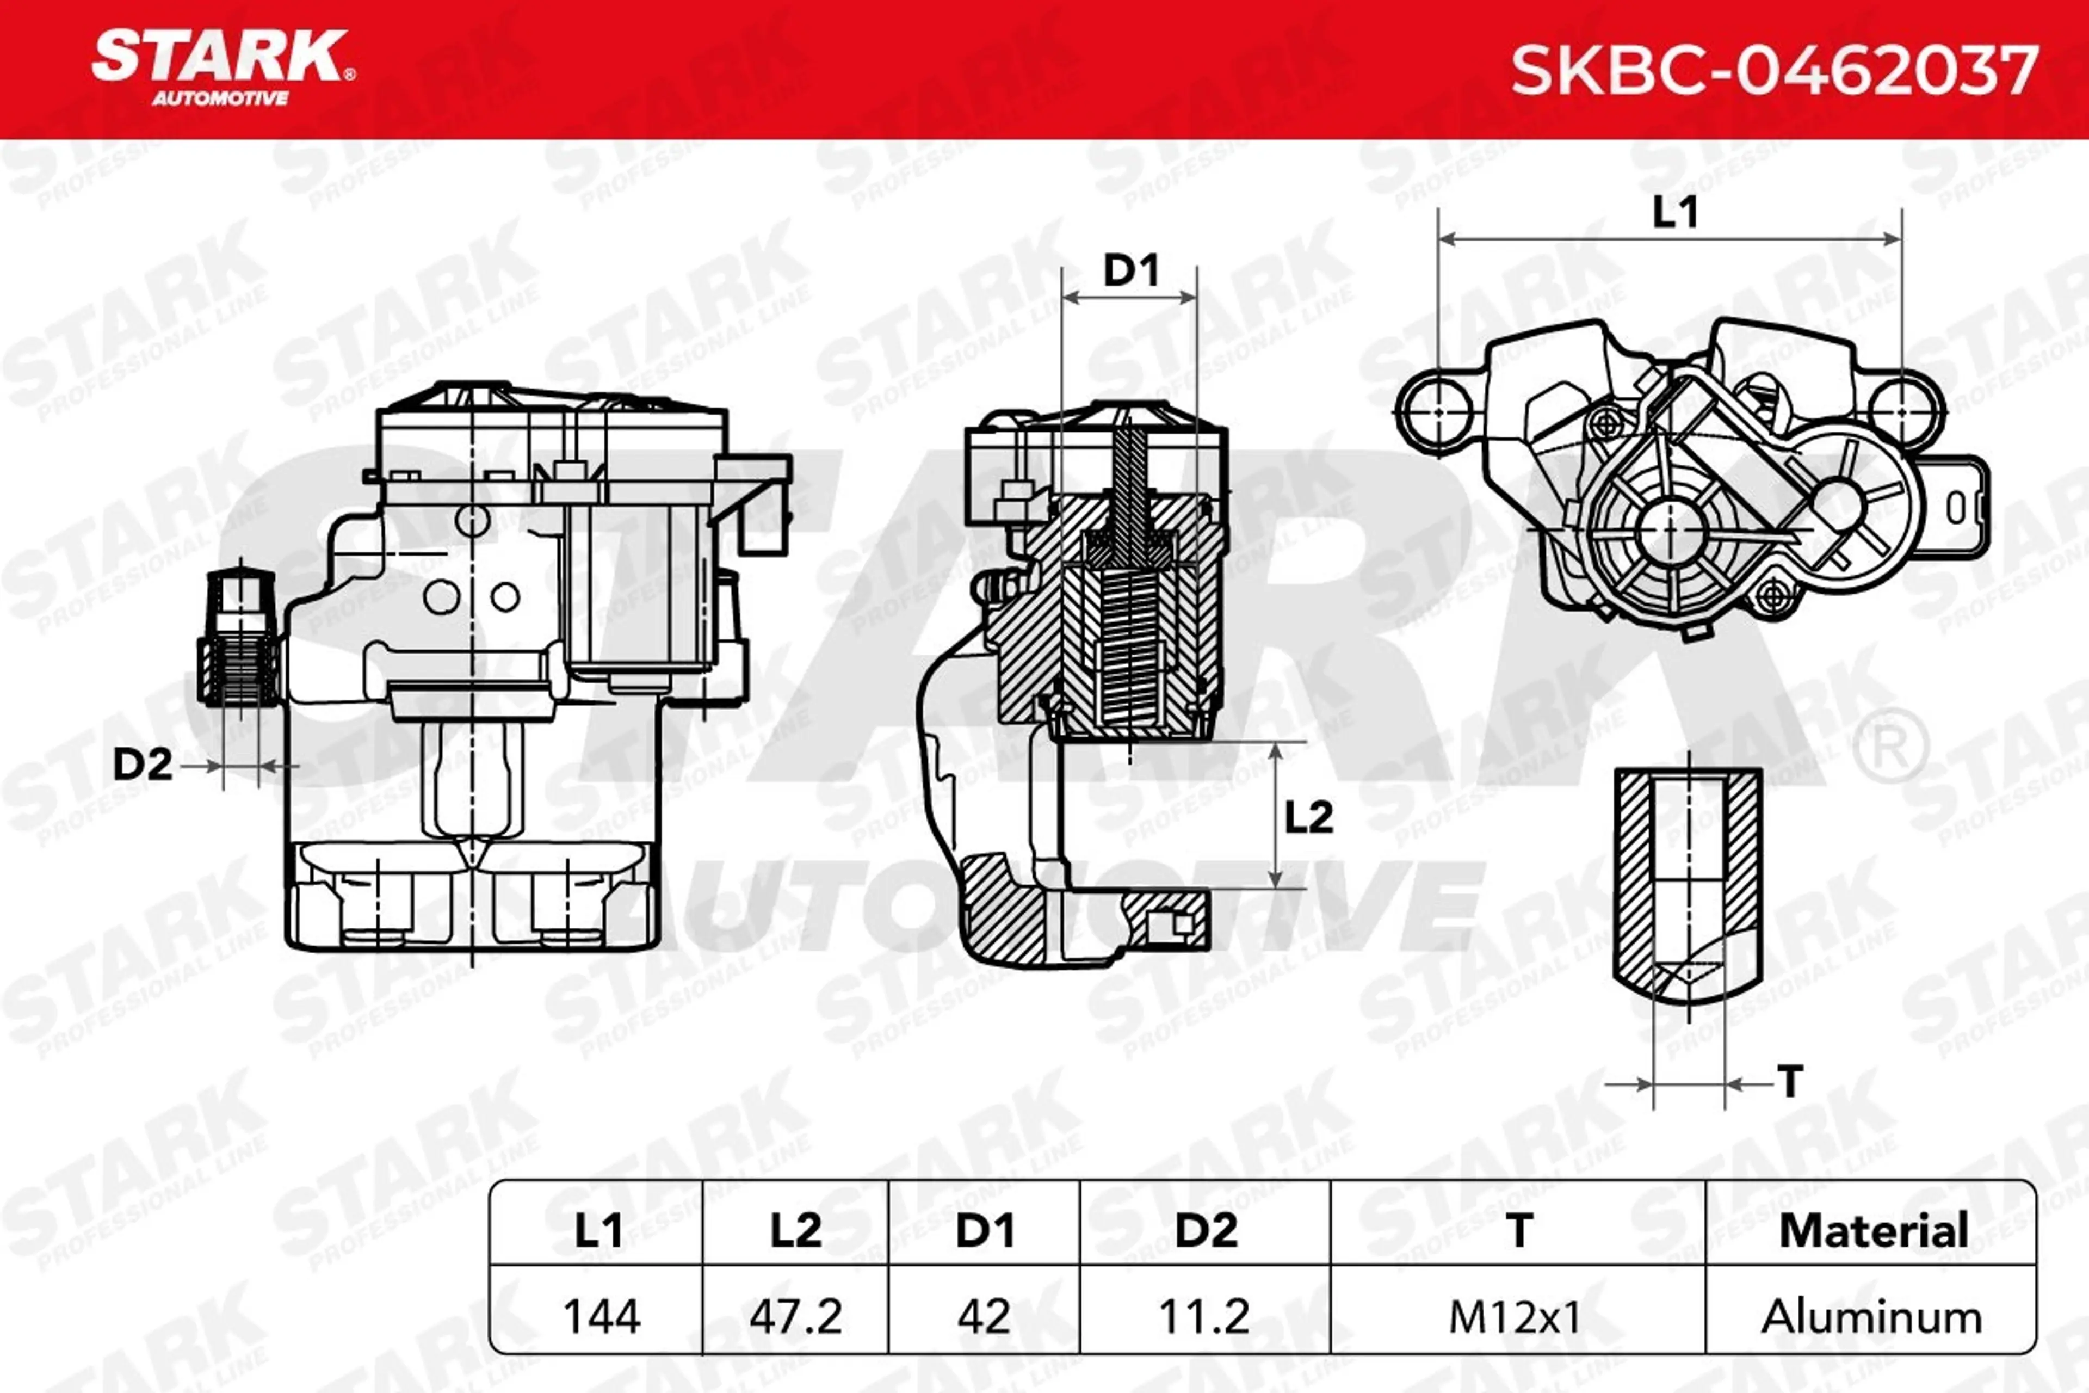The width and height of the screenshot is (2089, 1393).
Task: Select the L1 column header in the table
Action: point(598,1230)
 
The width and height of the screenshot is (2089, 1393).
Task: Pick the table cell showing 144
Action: point(601,1316)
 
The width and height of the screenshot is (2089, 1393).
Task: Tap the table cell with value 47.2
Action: point(796,1316)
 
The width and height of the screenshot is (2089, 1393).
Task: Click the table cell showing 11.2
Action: point(1204,1316)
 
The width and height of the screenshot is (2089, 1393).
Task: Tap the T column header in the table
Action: point(1519,1230)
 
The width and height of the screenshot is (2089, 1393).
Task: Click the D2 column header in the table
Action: point(1206,1230)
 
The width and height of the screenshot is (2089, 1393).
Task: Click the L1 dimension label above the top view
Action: point(1674,212)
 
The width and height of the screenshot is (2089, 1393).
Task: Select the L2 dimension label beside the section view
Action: point(1309,816)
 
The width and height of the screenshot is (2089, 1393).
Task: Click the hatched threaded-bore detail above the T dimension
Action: point(1688,889)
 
